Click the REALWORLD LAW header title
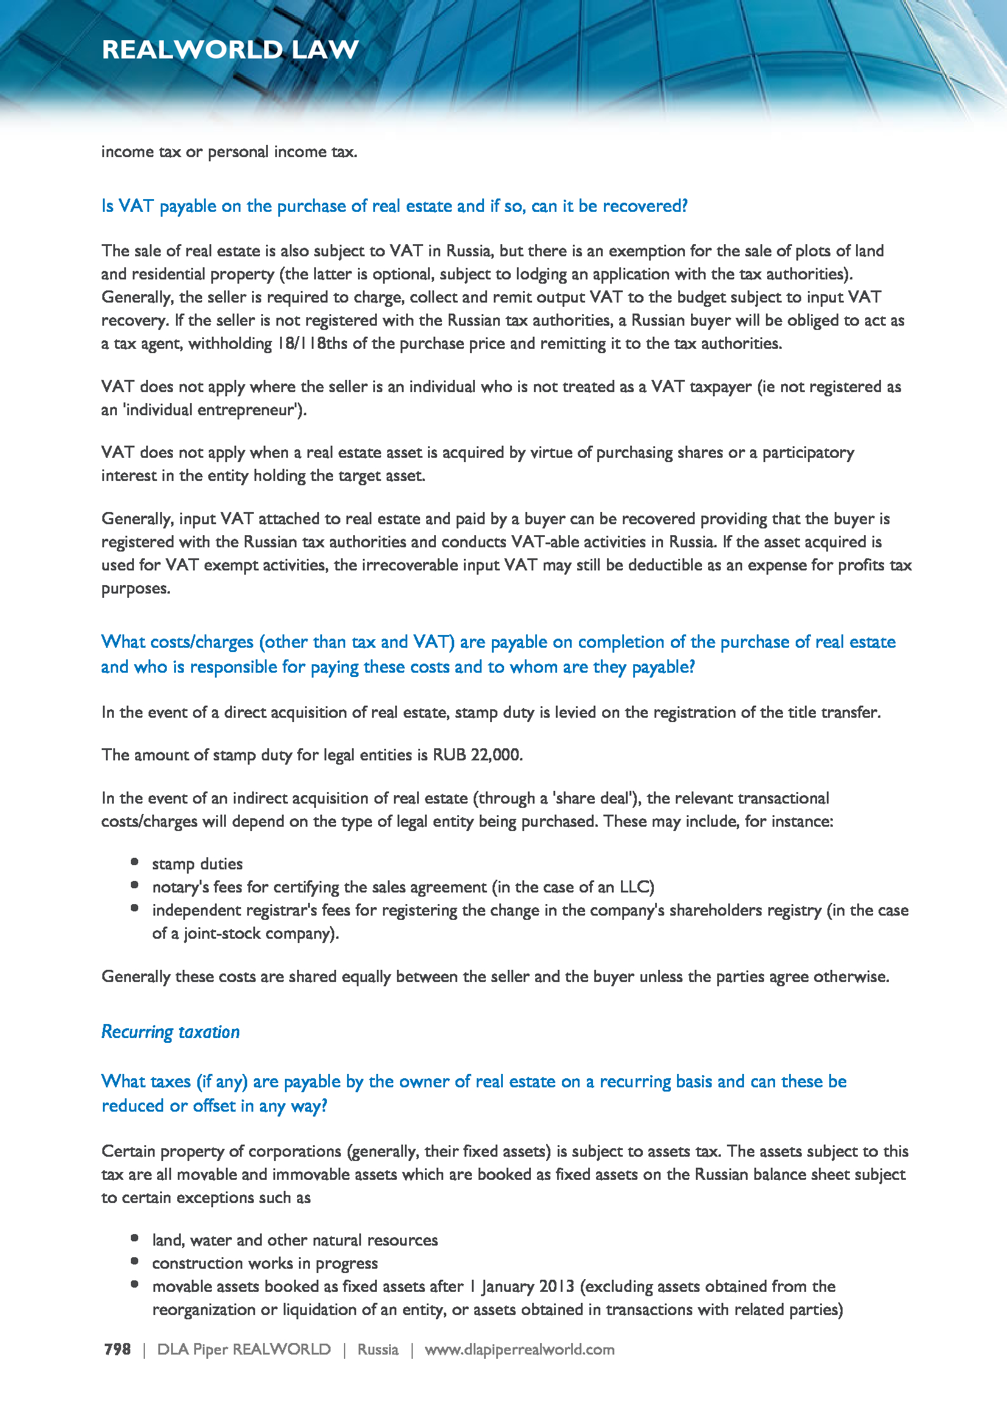tap(230, 49)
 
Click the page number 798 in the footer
tap(117, 1350)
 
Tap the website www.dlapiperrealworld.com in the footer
tap(519, 1350)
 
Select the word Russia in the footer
tap(377, 1350)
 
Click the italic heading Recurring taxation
tap(170, 1032)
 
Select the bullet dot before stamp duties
tap(135, 862)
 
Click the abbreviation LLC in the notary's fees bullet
tap(637, 887)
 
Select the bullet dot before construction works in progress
tap(135, 1261)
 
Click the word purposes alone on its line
tap(135, 589)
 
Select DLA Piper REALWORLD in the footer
tap(244, 1350)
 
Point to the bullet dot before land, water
tap(135, 1238)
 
